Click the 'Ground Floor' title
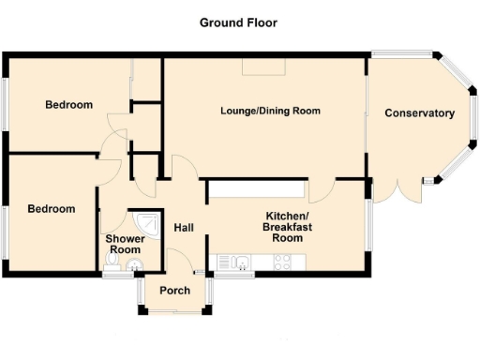[237, 22]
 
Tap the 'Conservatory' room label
[419, 113]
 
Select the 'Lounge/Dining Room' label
[270, 111]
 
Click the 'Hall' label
[184, 227]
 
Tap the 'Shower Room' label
[122, 244]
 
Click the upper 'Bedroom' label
[69, 105]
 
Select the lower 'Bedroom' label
[51, 208]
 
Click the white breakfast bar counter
[256, 190]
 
